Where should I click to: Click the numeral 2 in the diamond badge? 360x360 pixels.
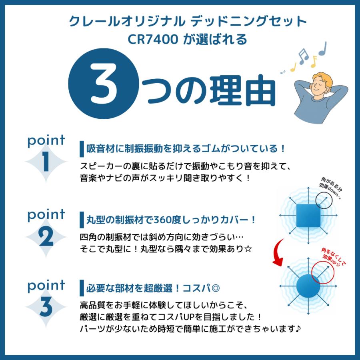46,237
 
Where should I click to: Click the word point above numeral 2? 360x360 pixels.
46,215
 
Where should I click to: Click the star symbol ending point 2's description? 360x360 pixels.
248,249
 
